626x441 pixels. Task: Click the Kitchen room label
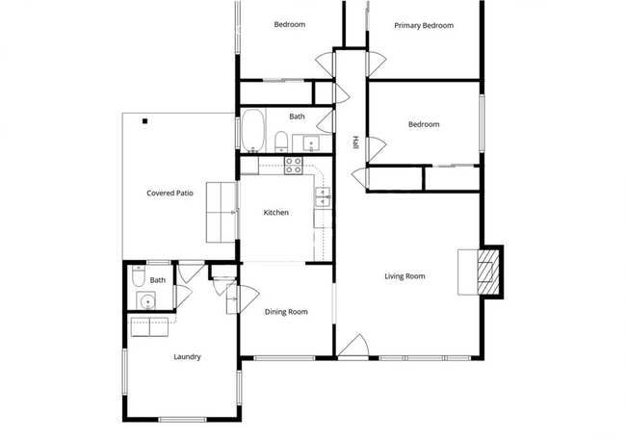[275, 213]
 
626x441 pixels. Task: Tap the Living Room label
[404, 276]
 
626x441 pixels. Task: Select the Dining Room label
[286, 312]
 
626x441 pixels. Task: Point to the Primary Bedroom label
[424, 26]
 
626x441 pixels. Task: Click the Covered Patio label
[170, 194]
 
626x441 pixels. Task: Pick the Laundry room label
[187, 357]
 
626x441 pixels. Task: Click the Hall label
[355, 143]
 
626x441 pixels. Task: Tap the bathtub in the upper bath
[252, 131]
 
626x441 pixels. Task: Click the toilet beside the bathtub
[281, 142]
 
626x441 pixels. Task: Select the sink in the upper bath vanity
[311, 143]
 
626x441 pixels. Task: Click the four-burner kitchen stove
[294, 166]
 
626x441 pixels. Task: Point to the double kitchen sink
[323, 196]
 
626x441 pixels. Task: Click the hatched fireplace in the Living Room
[488, 272]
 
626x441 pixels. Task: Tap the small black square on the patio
[144, 121]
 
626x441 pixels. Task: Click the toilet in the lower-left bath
[138, 276]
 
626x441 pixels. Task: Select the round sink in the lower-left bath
[146, 301]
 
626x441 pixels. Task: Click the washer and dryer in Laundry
[149, 327]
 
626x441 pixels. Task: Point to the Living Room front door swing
[353, 346]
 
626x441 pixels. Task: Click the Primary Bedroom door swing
[377, 64]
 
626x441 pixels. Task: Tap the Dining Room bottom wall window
[284, 358]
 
